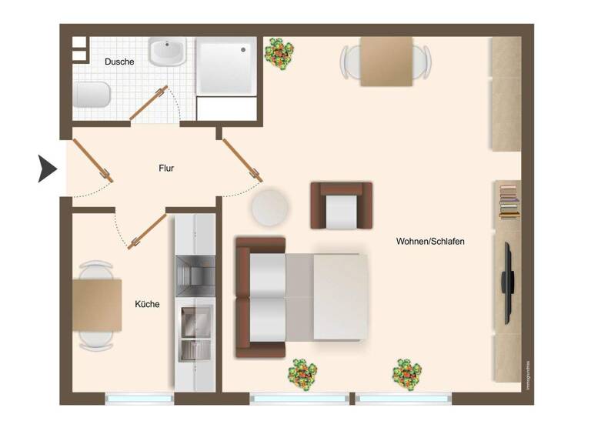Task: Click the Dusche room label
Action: point(119,62)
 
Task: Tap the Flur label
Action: point(167,168)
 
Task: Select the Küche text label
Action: point(147,304)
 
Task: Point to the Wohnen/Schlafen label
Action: point(430,241)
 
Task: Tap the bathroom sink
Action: point(167,53)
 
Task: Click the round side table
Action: point(270,207)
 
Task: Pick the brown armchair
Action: point(341,205)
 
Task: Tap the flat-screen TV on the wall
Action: point(509,282)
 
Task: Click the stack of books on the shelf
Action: point(508,200)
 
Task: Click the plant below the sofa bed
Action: point(302,374)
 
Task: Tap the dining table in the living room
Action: point(387,61)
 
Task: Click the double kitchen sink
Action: point(195,333)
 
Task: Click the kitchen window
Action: point(139,399)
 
